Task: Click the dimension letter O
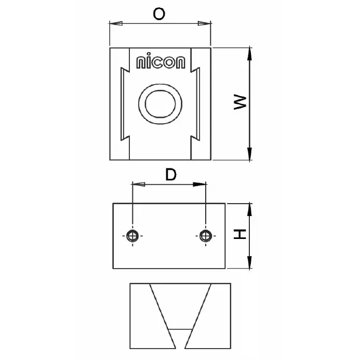pyautogui.click(x=159, y=14)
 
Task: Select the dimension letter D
pyautogui.click(x=170, y=175)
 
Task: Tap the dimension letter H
pyautogui.click(x=239, y=236)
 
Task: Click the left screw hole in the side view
pyautogui.click(x=133, y=236)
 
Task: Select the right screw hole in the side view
pyautogui.click(x=206, y=236)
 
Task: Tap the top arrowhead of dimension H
pyautogui.click(x=250, y=209)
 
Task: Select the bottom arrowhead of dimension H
pyautogui.click(x=250, y=263)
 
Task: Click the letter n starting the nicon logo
pyautogui.click(x=140, y=63)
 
